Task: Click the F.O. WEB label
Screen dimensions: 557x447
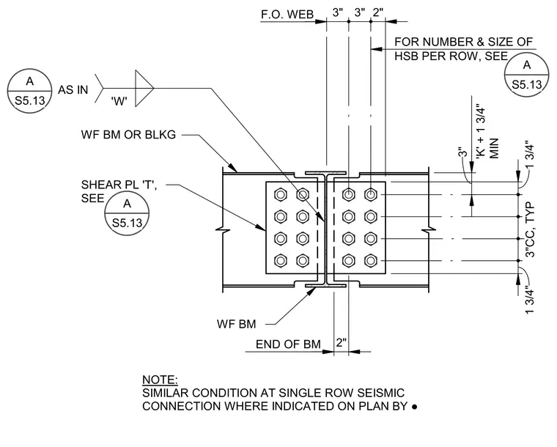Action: tap(287, 14)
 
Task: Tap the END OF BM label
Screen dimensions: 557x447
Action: tap(288, 344)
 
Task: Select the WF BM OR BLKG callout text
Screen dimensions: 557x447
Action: tap(128, 135)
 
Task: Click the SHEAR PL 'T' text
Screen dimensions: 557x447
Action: tap(119, 185)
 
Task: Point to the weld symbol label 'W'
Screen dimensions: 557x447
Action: tap(119, 102)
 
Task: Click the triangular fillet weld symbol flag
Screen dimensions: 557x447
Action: tap(144, 88)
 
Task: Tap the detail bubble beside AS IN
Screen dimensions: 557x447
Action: tap(30, 91)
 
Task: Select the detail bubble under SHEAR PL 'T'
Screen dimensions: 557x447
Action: tap(127, 213)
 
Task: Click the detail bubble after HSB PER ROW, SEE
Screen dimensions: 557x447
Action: tap(526, 75)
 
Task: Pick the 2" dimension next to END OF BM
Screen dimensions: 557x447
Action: tap(341, 343)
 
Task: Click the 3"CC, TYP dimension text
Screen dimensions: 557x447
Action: tap(530, 229)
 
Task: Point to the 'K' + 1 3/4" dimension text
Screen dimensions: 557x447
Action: tap(481, 131)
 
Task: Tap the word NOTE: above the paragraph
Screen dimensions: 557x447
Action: tap(160, 380)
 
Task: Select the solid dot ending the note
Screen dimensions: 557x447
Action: tap(414, 407)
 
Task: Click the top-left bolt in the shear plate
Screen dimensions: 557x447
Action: tap(281, 195)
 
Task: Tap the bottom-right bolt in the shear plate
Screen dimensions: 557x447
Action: tap(371, 261)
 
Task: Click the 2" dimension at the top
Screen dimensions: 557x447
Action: tap(378, 12)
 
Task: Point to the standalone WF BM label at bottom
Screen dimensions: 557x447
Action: tap(236, 324)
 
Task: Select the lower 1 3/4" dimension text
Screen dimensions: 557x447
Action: tap(530, 300)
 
